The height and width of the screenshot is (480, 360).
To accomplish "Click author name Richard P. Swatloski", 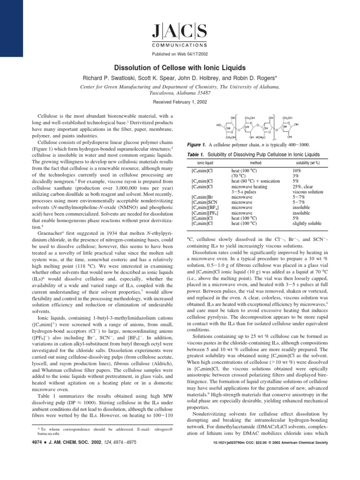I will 110,78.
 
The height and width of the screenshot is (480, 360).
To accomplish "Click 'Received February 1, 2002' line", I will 180,102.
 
